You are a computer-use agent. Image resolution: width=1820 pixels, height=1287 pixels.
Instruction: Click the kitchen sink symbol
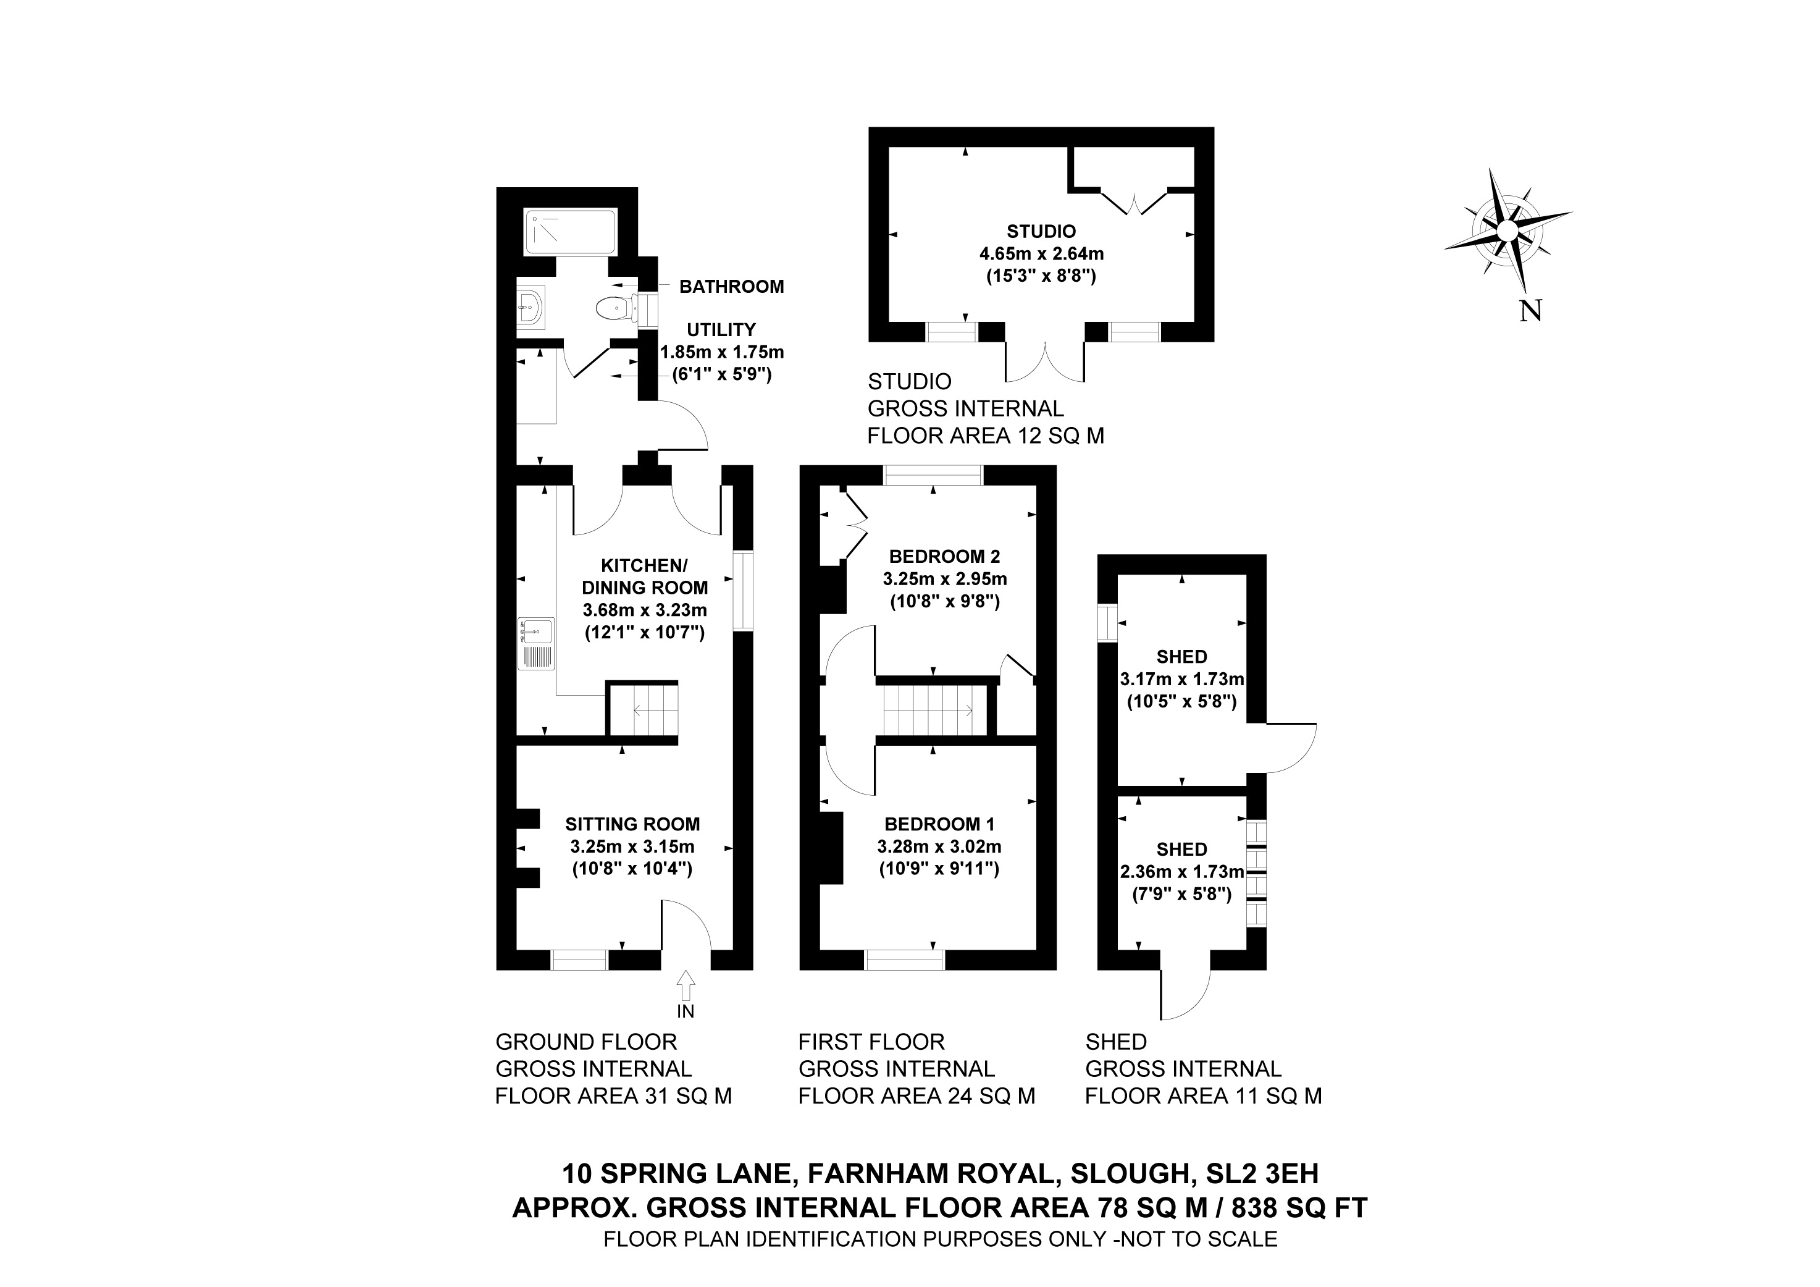tap(537, 644)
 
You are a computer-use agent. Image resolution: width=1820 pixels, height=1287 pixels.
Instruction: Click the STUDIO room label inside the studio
tap(1041, 232)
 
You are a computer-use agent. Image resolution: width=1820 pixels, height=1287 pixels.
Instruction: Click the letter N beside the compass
tap(1530, 311)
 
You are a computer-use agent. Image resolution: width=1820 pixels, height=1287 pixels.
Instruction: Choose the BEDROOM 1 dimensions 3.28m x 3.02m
tap(939, 846)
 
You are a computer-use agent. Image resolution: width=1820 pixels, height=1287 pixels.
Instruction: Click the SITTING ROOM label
tap(632, 824)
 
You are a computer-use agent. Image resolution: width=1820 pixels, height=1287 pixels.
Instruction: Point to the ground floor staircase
tap(643, 711)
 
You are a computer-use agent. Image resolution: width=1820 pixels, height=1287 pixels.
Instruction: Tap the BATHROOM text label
tap(731, 286)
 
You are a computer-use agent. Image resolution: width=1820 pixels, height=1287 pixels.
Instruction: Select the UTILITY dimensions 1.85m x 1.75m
tap(721, 352)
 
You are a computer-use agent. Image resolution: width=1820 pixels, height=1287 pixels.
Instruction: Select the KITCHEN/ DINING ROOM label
tap(645, 576)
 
